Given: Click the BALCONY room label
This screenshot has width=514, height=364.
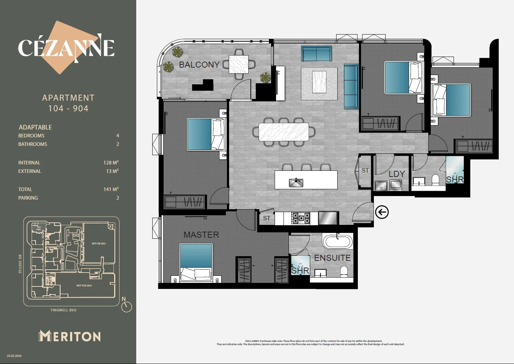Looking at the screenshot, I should [199, 65].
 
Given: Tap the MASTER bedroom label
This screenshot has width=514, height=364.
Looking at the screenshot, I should [201, 235].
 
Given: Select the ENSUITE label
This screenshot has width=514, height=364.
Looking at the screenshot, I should [332, 258].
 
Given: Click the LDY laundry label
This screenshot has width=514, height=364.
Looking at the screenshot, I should [397, 174].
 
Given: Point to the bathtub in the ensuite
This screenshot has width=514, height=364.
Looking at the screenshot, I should [337, 242].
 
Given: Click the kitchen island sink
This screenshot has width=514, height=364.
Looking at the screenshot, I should [296, 183].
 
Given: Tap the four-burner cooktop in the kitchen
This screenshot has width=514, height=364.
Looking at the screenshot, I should [301, 218].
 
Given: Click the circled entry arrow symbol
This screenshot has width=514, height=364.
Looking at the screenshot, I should [382, 212].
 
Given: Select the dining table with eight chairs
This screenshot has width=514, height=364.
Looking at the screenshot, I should [284, 132].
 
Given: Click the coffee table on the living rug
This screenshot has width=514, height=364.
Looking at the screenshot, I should [319, 82].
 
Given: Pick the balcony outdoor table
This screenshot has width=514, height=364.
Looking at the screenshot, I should [238, 64].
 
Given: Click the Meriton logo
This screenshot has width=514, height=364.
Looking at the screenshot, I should [70, 336].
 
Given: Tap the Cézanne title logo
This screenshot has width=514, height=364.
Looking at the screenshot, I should [67, 48].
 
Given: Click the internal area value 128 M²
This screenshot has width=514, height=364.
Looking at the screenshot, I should [111, 163].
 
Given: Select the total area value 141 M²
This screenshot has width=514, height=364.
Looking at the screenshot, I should [111, 189].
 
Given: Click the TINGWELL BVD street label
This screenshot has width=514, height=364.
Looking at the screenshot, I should [63, 310].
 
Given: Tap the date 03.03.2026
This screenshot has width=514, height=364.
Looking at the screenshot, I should [14, 356].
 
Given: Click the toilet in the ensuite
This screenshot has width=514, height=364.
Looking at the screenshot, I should [344, 272].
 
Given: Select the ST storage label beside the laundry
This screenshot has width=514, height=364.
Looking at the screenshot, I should [365, 171].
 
